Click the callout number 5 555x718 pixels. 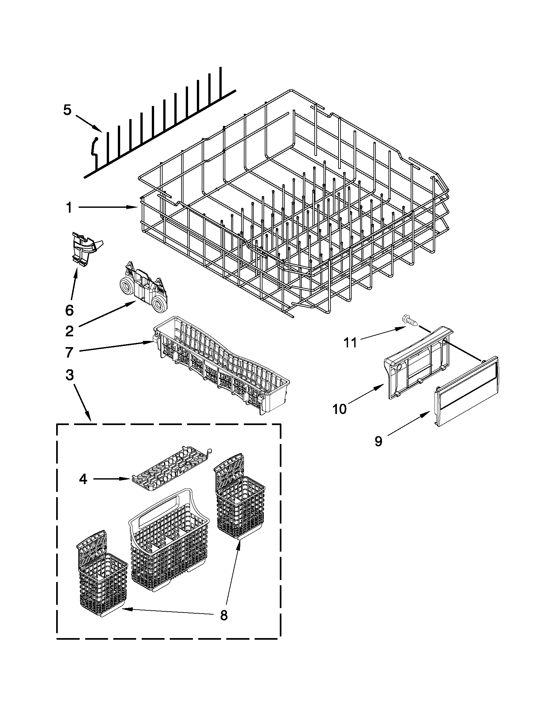pyautogui.click(x=67, y=110)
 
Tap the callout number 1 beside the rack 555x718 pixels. pyautogui.click(x=69, y=207)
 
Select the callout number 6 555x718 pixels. pyautogui.click(x=70, y=310)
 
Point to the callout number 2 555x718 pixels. pyautogui.click(x=69, y=331)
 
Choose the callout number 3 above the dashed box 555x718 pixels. pyautogui.click(x=69, y=375)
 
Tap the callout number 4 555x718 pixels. pyautogui.click(x=83, y=479)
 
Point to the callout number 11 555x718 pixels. pyautogui.click(x=350, y=343)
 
